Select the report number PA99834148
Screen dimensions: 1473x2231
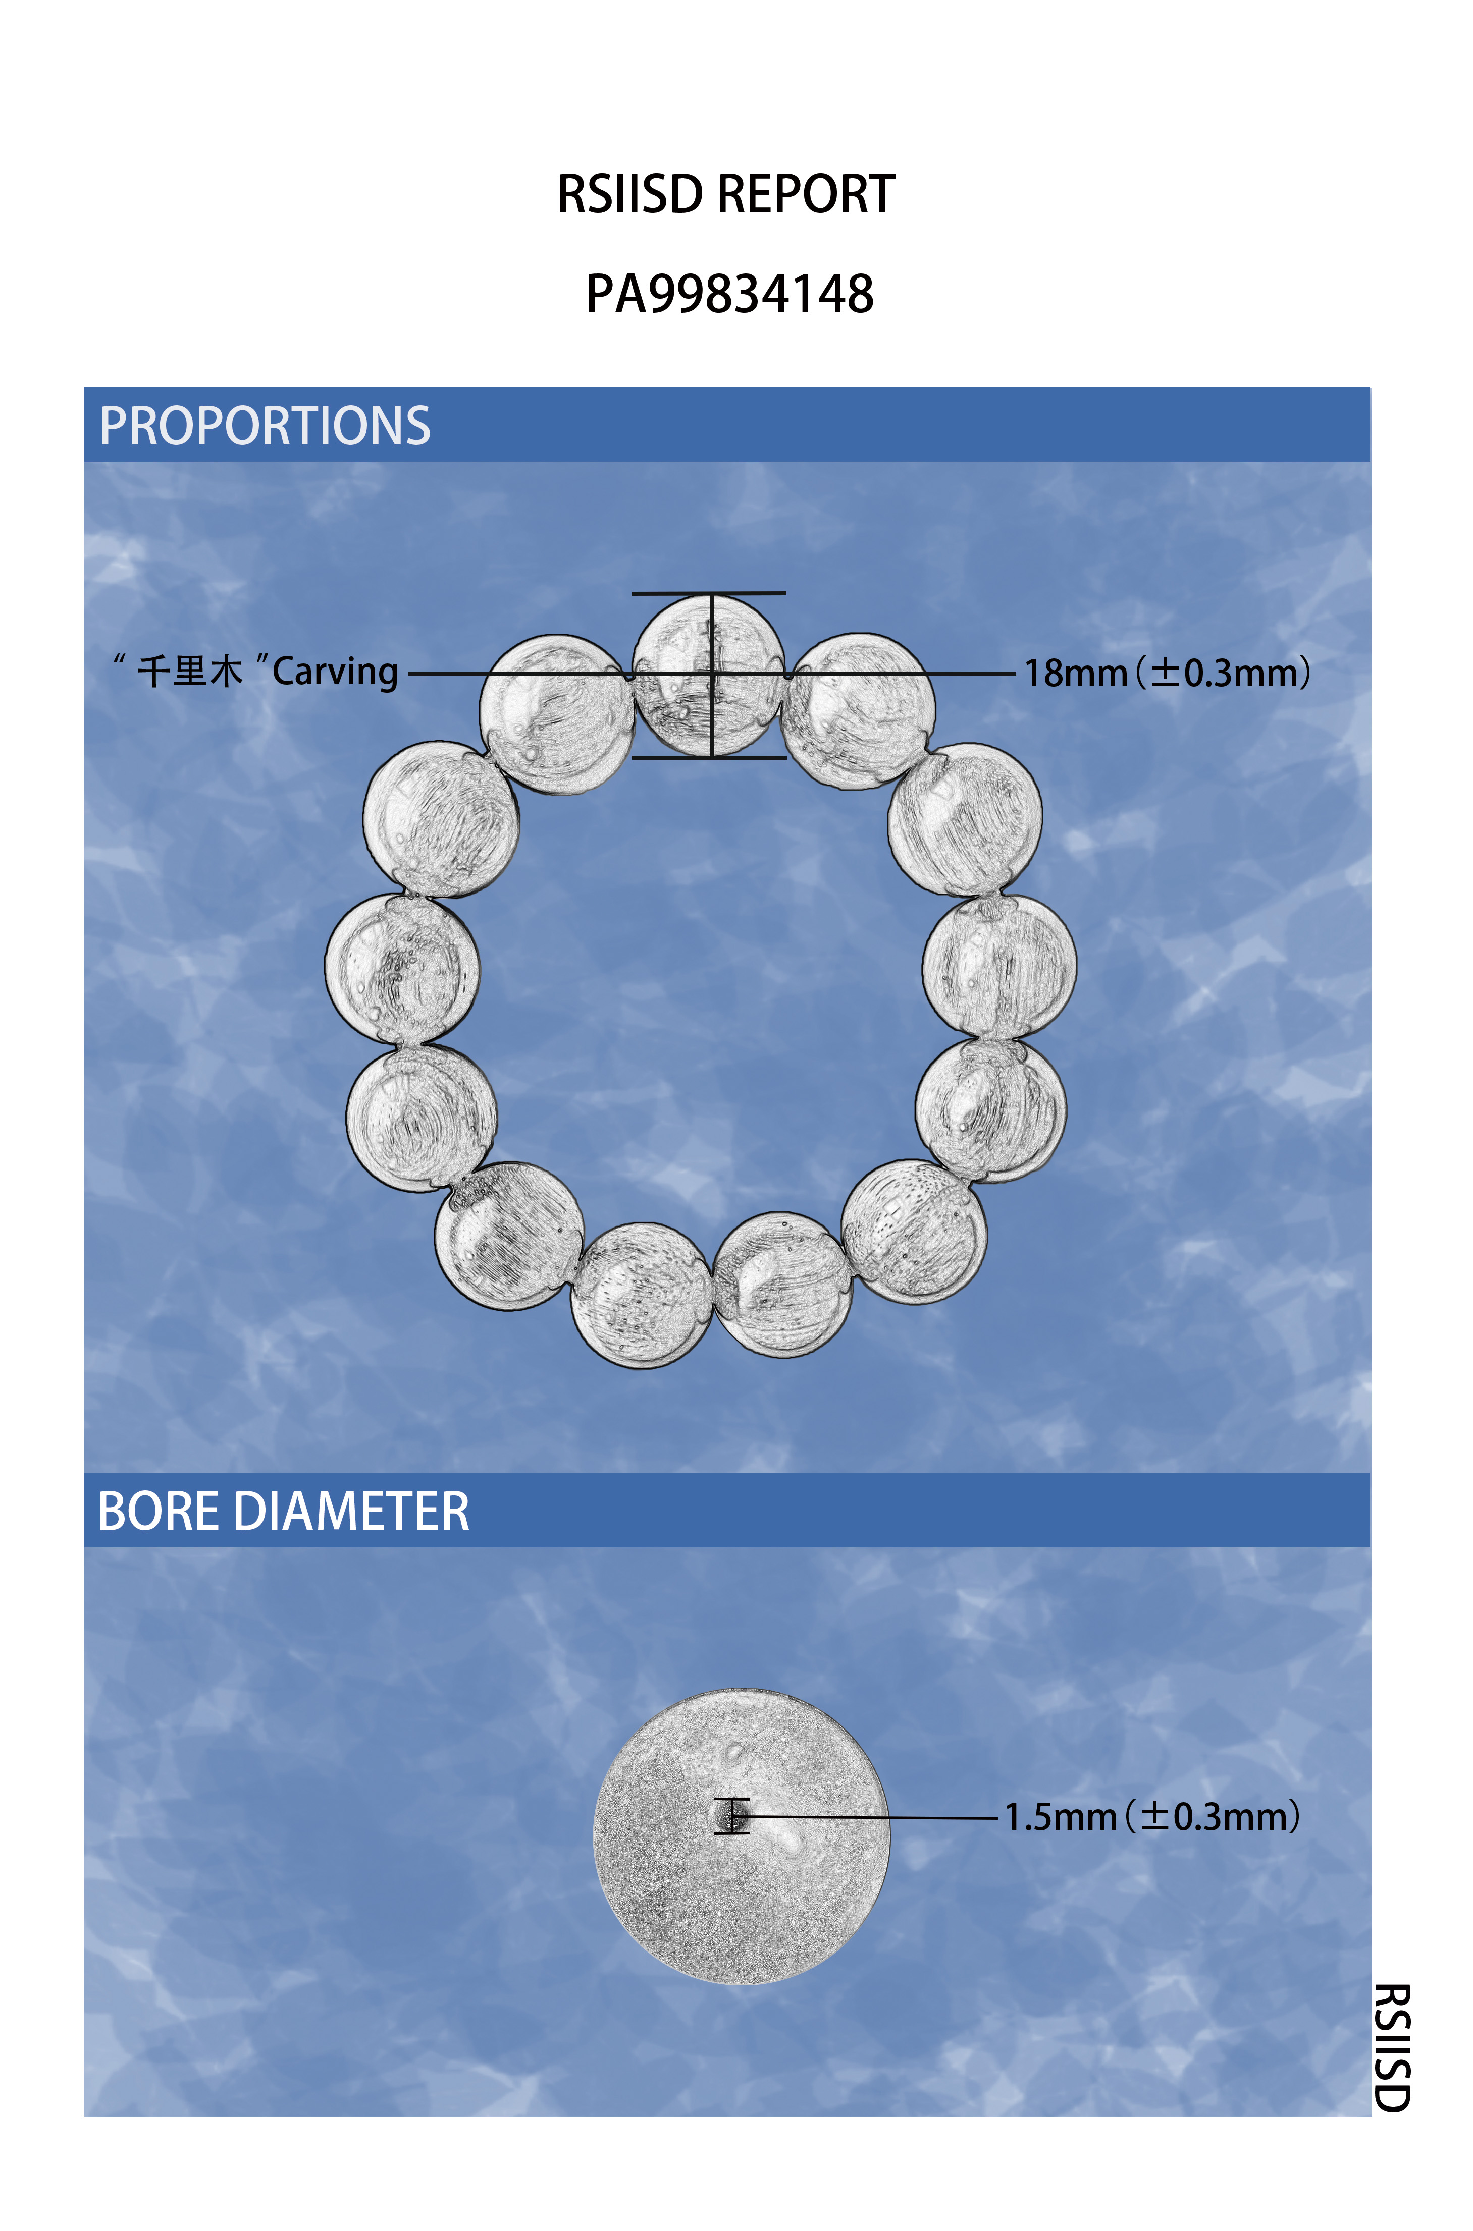click(x=730, y=294)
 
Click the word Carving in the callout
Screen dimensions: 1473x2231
click(x=335, y=673)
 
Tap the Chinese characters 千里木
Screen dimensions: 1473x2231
click(x=190, y=672)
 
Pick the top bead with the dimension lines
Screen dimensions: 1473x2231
click(x=709, y=675)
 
